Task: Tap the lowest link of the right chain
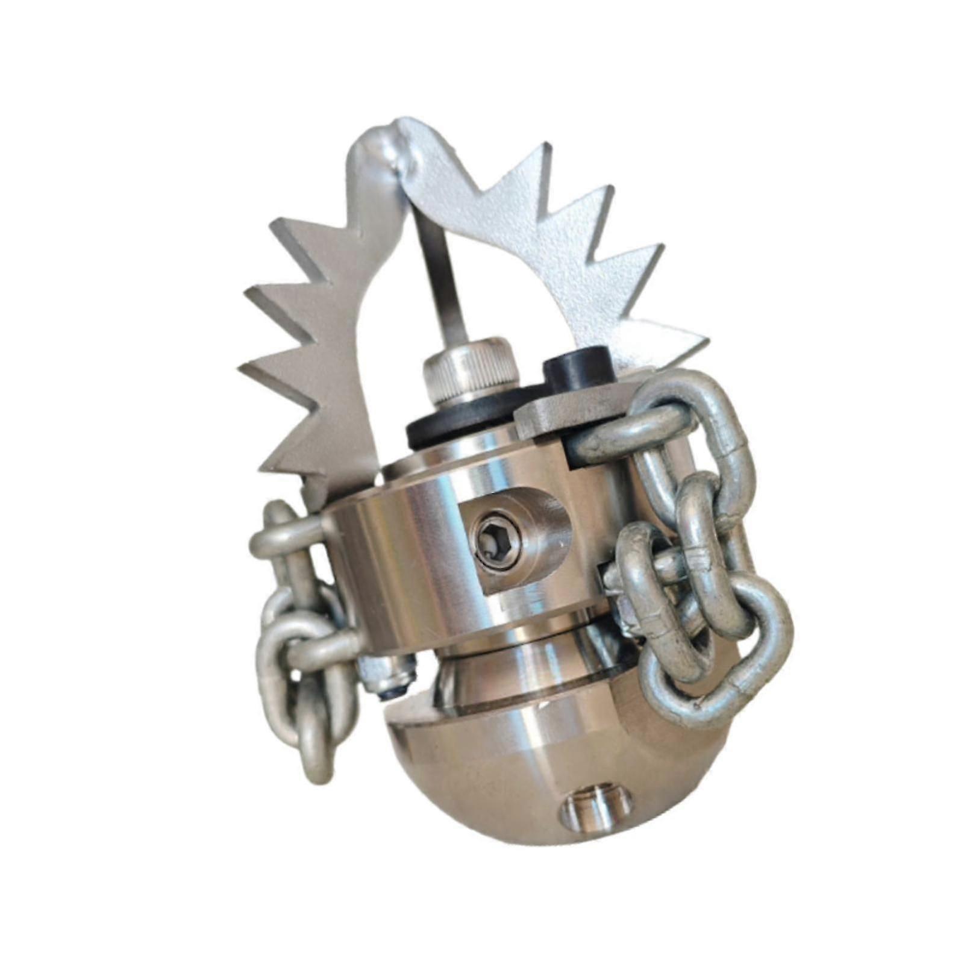click(717, 663)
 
